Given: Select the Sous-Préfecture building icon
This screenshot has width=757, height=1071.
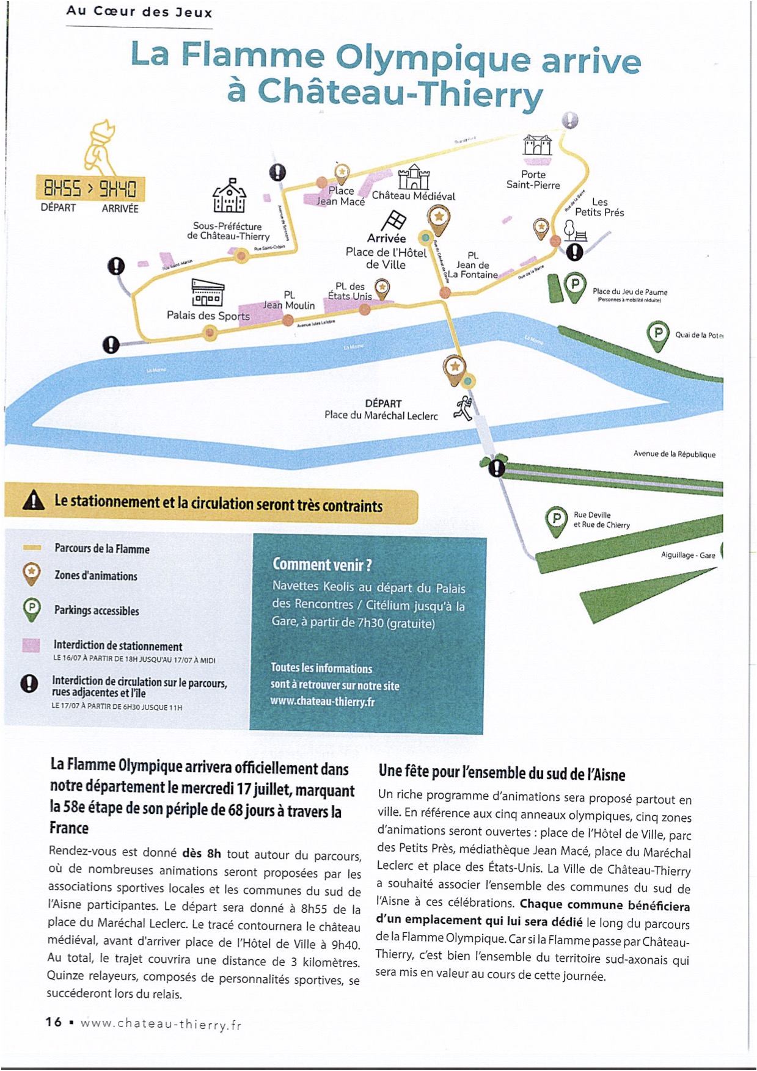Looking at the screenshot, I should tap(229, 197).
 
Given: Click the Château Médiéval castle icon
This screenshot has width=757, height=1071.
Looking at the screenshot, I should tap(414, 177).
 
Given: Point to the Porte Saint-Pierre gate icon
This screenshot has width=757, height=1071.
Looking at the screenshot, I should tap(537, 145).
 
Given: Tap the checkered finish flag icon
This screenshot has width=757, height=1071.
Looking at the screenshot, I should tap(393, 221).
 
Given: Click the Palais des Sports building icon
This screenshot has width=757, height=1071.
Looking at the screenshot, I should tap(208, 292).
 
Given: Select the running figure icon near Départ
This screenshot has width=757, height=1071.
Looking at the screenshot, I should tap(464, 408).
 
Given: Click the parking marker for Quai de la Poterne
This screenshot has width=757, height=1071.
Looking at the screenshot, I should tap(658, 335).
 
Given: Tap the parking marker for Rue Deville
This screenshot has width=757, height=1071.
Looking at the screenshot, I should tap(555, 520).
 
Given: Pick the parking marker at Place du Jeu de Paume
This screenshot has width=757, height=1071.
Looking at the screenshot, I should tap(574, 286).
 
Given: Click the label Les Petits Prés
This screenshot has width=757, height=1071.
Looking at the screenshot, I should tap(599, 207).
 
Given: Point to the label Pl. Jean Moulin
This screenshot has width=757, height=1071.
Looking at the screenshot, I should tap(289, 300).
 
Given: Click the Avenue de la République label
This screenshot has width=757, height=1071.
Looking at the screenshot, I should tap(674, 454).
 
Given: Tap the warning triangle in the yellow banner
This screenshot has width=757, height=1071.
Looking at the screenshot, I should tap(33, 501).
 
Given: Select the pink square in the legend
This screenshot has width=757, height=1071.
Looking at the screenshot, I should tap(31, 645).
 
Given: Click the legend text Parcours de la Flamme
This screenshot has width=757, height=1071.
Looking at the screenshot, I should tap(102, 548).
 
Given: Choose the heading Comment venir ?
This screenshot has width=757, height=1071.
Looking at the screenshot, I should tap(322, 564).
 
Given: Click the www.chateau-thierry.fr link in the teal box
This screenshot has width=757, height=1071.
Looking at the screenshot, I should tap(322, 702).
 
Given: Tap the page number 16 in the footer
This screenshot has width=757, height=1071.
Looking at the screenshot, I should tap(54, 1022).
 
